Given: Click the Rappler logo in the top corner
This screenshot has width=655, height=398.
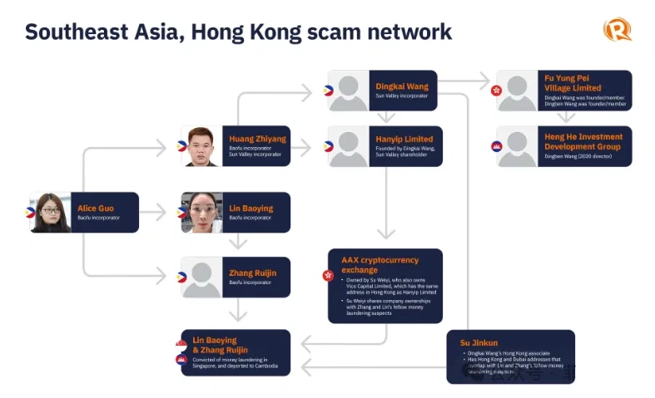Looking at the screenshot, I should [x=617, y=30].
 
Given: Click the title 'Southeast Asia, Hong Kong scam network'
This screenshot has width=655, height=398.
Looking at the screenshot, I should [x=238, y=32].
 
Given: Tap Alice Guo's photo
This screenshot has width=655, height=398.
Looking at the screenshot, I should [x=51, y=212].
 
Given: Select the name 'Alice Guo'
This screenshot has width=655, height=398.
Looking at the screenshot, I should [x=96, y=208].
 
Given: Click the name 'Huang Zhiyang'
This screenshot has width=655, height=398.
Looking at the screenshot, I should [x=257, y=140].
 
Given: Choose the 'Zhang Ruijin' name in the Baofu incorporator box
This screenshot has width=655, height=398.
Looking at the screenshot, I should [x=253, y=272].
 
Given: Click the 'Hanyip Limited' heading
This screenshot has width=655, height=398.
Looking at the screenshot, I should [x=404, y=139].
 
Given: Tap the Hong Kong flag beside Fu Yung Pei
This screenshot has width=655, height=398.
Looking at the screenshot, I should [x=496, y=90].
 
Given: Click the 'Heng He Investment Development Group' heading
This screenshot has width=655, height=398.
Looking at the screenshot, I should [x=583, y=141].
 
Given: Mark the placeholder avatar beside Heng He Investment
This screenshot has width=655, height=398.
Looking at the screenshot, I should [x=517, y=146].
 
